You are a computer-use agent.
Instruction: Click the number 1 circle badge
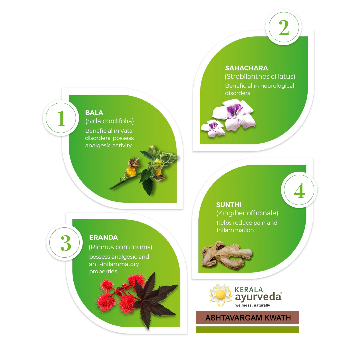pos(61,118)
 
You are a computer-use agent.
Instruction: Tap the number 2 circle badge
pos(284,27)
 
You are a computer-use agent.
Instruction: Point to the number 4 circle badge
pos(299,190)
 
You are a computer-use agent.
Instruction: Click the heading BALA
pos(94,113)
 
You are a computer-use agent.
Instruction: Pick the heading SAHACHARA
pos(246,68)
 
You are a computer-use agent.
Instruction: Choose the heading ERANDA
pos(103,237)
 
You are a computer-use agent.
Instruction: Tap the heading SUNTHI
pos(228,205)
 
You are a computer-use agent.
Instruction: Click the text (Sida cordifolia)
pos(110,121)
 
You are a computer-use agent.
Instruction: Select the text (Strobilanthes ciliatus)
pos(260,76)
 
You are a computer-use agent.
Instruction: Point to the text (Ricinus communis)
pos(121,247)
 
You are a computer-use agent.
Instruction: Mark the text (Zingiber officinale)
pos(247,213)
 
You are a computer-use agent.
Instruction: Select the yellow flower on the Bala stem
pos(131,172)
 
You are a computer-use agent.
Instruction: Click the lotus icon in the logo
pos(221,295)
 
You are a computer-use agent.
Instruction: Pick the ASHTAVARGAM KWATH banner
pos(247,318)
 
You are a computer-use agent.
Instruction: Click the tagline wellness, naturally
pos(253,305)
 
